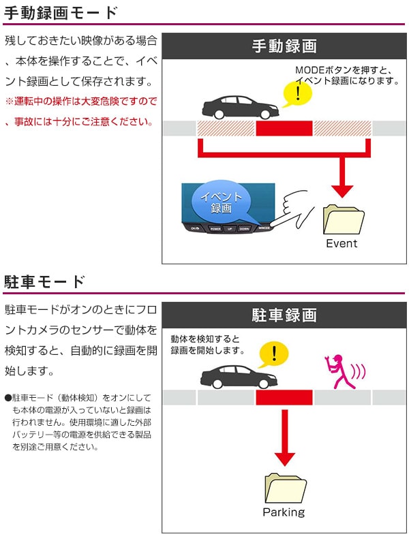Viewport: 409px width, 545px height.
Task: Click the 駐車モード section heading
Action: click(x=45, y=282)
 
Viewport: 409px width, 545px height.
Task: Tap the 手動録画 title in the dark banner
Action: click(x=284, y=46)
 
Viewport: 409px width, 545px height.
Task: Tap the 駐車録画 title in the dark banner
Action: click(x=284, y=315)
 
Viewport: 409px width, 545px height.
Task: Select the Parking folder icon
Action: click(x=284, y=488)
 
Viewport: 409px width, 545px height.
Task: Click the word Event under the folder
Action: click(x=342, y=243)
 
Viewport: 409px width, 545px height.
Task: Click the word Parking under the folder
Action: click(x=284, y=512)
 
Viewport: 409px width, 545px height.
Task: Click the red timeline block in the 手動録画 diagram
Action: click(x=284, y=128)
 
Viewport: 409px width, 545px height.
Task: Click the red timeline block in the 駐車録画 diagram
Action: click(x=284, y=397)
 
